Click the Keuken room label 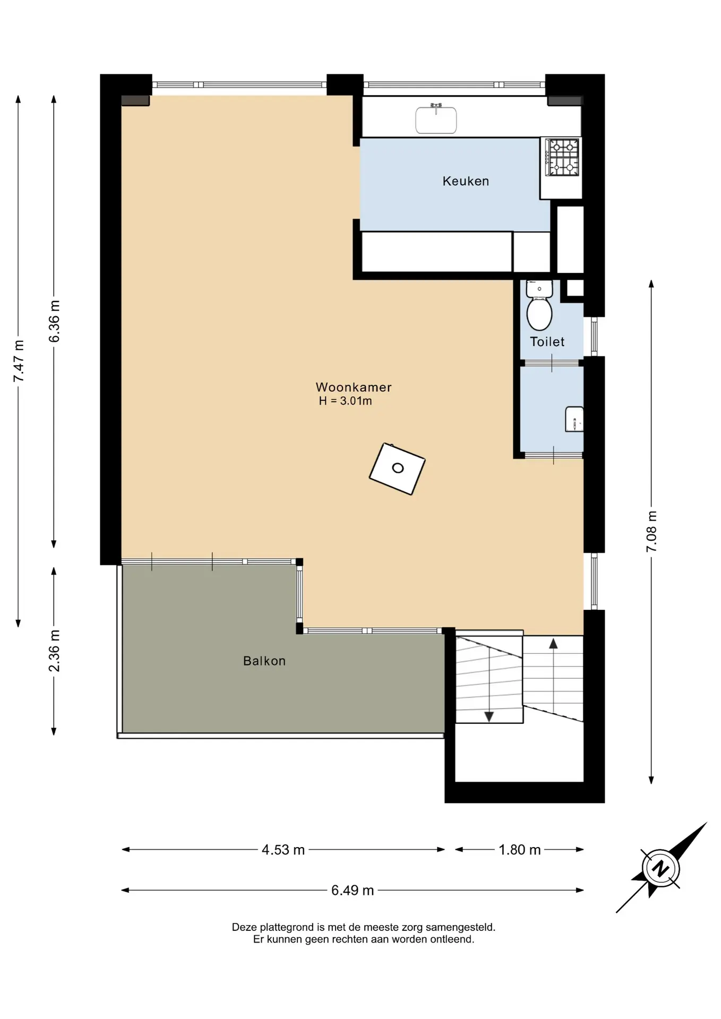point(466,181)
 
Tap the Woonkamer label point(354,387)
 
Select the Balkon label point(264,661)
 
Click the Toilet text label point(547,342)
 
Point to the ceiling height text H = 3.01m point(346,401)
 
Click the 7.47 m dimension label point(19,361)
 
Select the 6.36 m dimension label point(54,322)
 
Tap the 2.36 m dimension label point(54,651)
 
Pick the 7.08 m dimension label point(651,532)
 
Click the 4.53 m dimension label point(283,850)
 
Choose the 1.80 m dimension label point(519,850)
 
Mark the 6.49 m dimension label point(353,891)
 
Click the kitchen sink point(436,119)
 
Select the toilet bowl point(539,313)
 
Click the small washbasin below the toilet point(574,419)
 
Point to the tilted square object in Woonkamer point(397,469)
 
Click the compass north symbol point(660,869)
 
